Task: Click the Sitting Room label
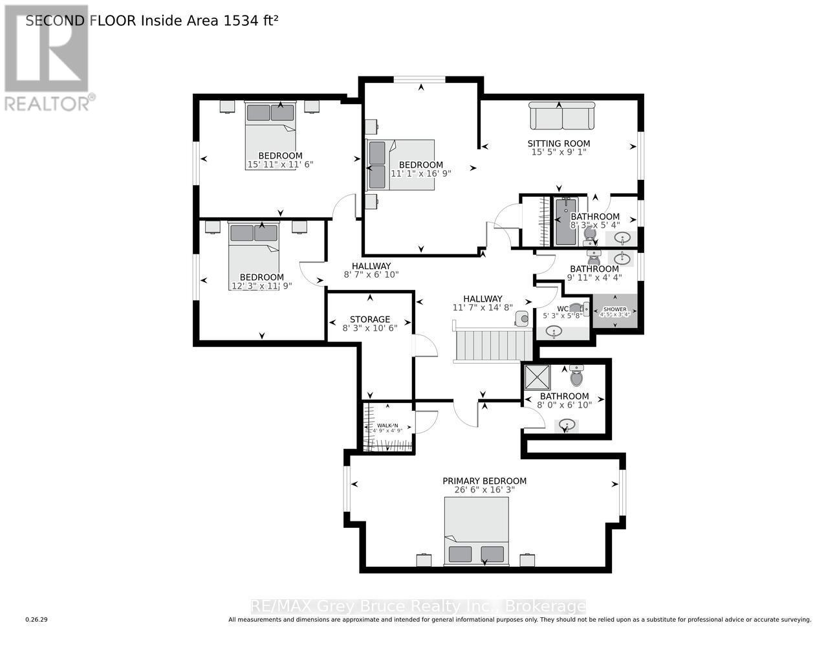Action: coord(558,144)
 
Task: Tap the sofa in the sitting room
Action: coord(561,116)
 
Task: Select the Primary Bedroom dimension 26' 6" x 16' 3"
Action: coord(484,490)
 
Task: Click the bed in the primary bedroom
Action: coord(476,531)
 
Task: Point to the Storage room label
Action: coord(369,319)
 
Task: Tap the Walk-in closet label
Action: coord(387,425)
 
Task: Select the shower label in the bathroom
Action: coord(614,309)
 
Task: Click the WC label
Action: coord(562,309)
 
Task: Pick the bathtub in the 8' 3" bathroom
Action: coord(565,221)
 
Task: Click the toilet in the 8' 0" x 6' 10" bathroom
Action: coord(576,375)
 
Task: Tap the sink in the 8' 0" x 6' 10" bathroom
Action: coord(567,425)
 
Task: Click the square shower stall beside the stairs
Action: coord(536,376)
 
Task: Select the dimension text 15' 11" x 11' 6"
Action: coord(280,165)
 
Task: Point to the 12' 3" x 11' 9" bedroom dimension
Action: coord(261,285)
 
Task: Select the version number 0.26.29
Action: coord(36,620)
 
